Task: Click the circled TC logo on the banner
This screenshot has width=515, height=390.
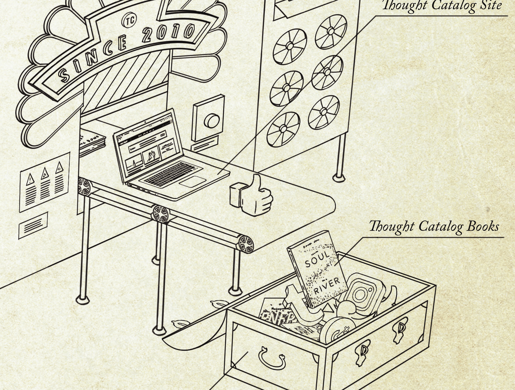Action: pos(129,20)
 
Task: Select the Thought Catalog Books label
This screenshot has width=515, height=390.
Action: pos(434,227)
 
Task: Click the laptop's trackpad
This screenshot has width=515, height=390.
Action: pos(193,181)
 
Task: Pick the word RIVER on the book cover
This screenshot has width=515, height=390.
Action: pos(327,286)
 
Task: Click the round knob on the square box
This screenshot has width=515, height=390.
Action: pos(211,121)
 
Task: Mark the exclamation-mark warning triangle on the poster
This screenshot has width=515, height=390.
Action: pos(31,179)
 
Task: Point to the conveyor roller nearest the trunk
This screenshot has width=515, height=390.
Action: pos(246,244)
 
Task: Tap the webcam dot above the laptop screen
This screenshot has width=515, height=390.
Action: pos(145,122)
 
